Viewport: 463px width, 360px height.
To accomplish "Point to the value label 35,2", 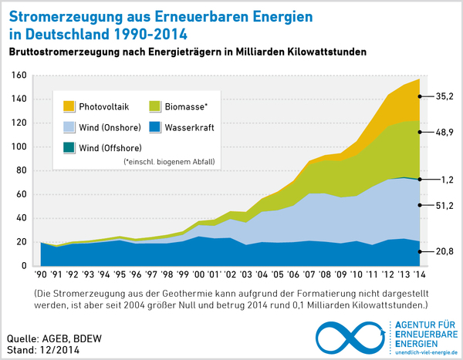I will (444, 96).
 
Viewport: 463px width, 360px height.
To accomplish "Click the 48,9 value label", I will (444, 133).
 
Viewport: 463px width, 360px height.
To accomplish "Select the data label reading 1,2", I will (447, 179).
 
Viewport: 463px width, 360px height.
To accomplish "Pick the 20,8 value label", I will (444, 251).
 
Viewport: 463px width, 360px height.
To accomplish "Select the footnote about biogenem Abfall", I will (169, 161).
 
